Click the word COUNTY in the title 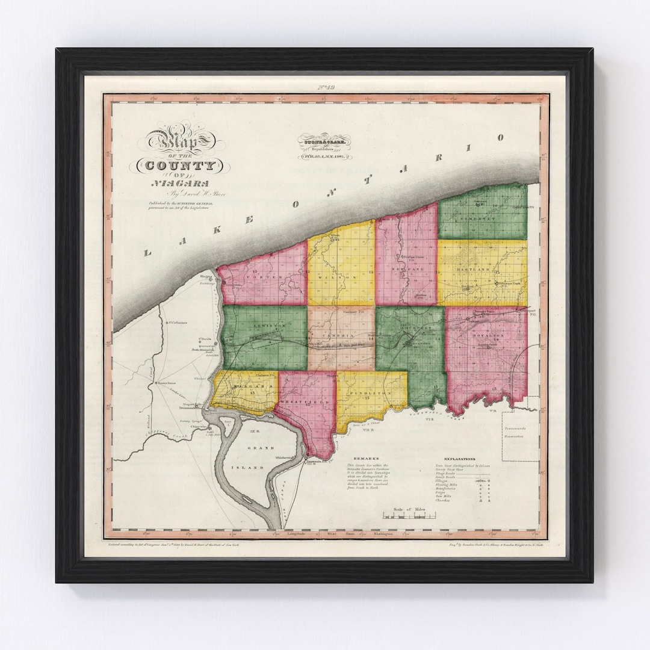click(x=181, y=165)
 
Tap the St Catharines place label click(x=178, y=322)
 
